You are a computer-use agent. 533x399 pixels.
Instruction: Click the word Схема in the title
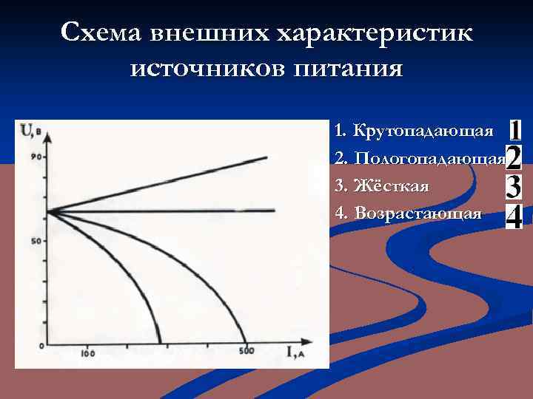[x=101, y=33]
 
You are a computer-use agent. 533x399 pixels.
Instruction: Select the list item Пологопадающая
[x=429, y=159]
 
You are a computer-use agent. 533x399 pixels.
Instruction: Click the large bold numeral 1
[x=516, y=131]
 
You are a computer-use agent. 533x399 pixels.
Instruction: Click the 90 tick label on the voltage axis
[x=35, y=157]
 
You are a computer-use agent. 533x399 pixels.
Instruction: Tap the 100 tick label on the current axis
[x=88, y=355]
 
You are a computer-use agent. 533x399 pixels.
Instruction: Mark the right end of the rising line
[x=266, y=157]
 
